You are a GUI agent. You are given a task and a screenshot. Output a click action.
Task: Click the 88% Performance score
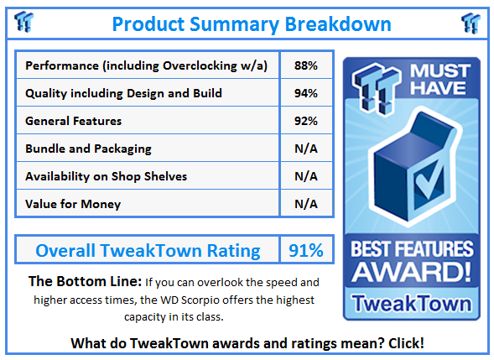pos(305,65)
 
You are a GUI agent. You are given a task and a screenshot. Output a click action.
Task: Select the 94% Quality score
pos(305,93)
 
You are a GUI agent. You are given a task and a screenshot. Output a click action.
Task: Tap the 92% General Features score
pos(305,121)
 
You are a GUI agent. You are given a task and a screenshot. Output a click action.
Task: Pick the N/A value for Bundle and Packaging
pos(305,149)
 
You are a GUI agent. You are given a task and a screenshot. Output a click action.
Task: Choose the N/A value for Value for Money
pos(305,204)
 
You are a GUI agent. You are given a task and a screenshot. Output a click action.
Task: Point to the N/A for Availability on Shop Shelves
pos(305,176)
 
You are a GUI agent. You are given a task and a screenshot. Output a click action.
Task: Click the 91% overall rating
pos(305,251)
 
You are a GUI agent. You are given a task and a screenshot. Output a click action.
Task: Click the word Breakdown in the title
pos(338,24)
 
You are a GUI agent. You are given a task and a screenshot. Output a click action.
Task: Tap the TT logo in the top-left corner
pos(24,22)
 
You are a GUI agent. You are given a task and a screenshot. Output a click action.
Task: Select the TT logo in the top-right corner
pos(471,23)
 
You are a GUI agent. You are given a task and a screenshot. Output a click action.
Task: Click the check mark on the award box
pos(429,180)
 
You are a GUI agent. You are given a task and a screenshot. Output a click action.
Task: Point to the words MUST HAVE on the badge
pos(439,80)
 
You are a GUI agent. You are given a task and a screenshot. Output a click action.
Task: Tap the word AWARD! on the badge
pos(412,272)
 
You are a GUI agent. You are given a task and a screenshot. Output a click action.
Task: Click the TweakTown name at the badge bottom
pos(412,303)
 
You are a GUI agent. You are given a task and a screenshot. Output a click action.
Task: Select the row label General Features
pos(74,121)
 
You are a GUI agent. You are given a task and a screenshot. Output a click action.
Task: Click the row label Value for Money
pos(73,204)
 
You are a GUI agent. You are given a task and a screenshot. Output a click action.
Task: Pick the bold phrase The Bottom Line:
pos(85,281)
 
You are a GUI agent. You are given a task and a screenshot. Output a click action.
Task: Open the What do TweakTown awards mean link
pos(247,343)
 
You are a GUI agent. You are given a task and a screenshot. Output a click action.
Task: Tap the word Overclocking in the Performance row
pos(200,66)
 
